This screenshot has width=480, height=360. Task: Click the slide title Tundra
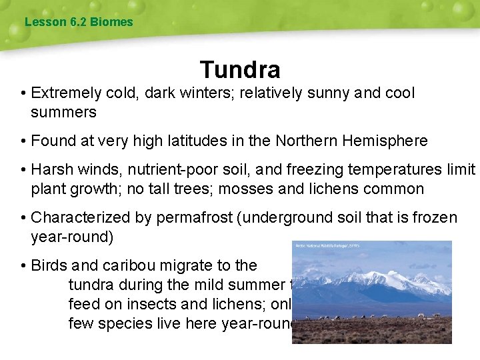pyautogui.click(x=239, y=69)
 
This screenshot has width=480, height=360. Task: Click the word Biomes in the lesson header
pyautogui.click(x=112, y=22)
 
